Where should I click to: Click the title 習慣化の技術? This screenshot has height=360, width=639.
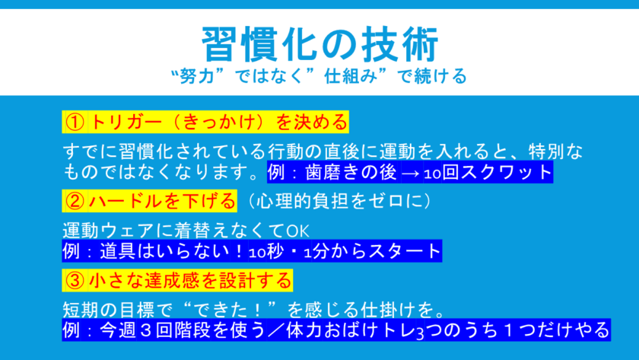click(320, 44)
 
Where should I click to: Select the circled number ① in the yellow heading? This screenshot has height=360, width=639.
click(75, 122)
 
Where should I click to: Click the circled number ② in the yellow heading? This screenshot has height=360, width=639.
click(75, 201)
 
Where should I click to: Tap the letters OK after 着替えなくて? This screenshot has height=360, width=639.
click(297, 231)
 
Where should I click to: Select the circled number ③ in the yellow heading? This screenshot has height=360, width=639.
click(75, 281)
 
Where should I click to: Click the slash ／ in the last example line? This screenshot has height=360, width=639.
click(277, 330)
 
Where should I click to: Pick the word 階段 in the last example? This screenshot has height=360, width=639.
click(193, 330)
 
